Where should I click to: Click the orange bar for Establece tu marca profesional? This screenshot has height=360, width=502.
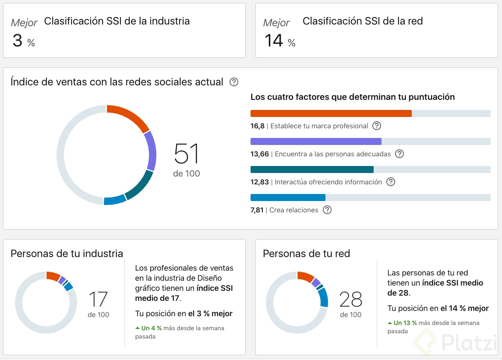331,113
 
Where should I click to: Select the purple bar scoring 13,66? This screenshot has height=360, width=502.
316,141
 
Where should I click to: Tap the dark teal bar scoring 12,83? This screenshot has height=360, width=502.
312,169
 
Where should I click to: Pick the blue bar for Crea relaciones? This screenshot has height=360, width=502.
288,198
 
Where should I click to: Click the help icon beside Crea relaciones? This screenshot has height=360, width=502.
327,210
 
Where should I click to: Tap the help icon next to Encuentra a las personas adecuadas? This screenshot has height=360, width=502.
399,154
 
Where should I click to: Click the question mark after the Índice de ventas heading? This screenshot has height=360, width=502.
234,82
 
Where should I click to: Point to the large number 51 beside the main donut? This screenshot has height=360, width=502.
187,154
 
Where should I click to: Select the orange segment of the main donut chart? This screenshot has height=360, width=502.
129,116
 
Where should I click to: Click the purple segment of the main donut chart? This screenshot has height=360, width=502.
150,151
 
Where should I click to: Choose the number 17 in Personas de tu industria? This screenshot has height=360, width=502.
98,299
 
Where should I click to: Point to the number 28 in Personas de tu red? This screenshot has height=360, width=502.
350,299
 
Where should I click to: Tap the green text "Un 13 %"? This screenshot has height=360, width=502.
405,323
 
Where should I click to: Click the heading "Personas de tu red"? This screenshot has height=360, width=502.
306,254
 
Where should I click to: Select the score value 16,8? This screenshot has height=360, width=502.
258,126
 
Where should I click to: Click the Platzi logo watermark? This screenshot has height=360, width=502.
456,342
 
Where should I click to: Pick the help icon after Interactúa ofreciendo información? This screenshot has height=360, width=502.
391,182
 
